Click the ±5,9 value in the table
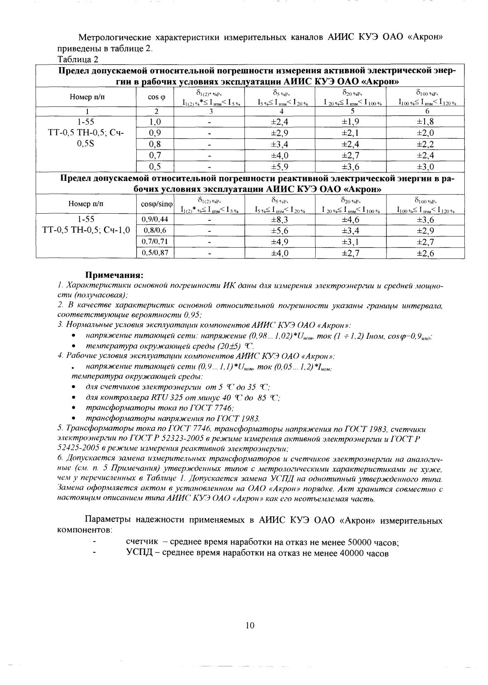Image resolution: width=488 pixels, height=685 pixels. (279, 167)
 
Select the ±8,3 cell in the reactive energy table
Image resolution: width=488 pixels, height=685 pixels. (279, 219)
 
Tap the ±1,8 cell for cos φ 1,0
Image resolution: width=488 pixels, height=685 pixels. (425, 122)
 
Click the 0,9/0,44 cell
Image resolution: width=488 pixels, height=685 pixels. (155, 219)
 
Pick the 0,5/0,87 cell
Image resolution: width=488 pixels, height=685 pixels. (155, 252)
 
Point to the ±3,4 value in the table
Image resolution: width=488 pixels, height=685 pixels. (279, 144)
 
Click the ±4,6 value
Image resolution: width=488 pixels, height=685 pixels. (350, 219)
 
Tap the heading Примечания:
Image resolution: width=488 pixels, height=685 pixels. (114, 275)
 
